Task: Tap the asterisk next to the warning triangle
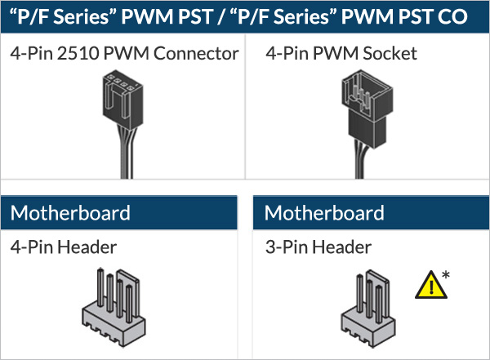point(445,273)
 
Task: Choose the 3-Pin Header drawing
point(367,303)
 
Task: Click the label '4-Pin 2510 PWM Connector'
point(124,54)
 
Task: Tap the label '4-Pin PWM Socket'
point(341,54)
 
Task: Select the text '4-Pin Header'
point(64,247)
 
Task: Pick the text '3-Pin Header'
point(318,247)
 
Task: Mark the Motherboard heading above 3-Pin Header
point(324,214)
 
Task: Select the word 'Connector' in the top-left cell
point(198,54)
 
